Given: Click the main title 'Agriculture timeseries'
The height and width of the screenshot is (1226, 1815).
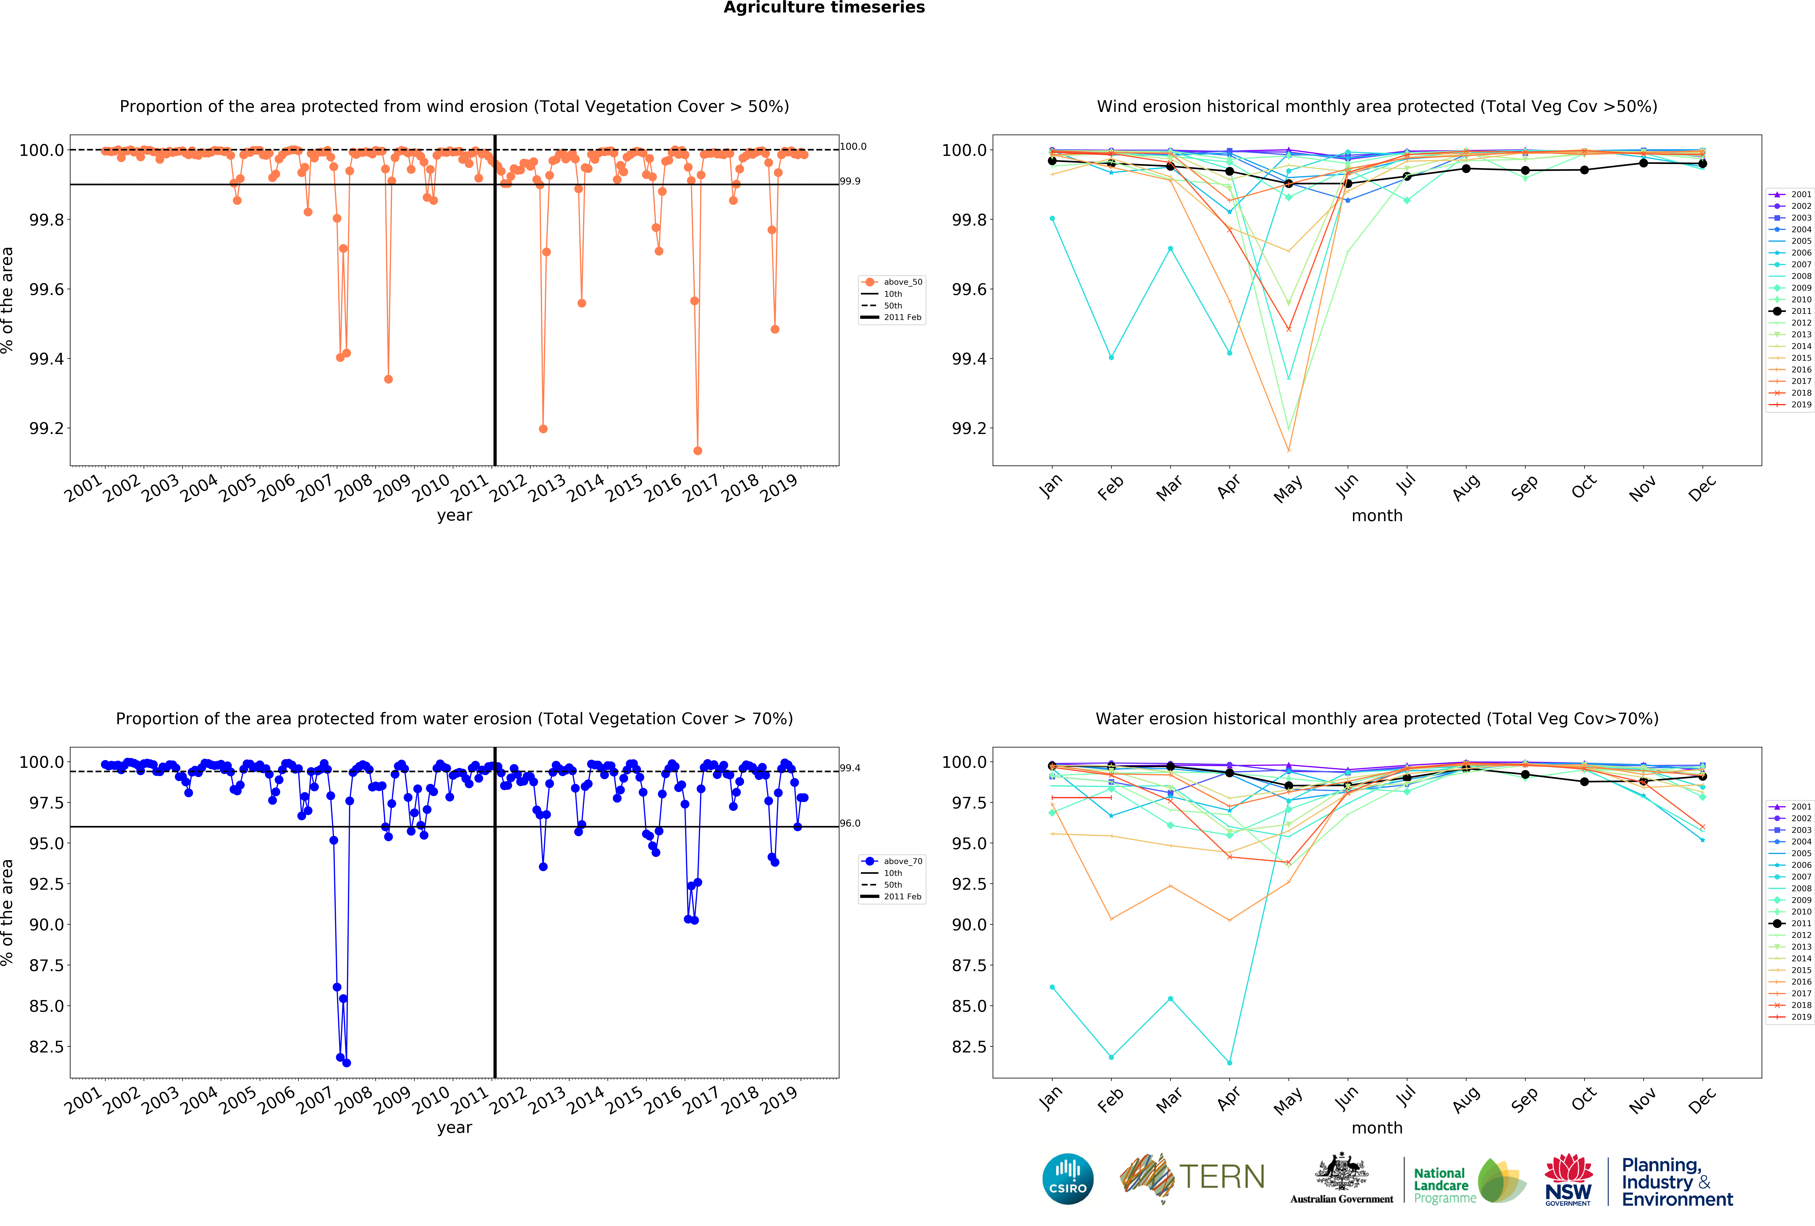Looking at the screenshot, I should click(x=824, y=8).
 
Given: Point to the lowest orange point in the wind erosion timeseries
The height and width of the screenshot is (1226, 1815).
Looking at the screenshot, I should click(x=697, y=451).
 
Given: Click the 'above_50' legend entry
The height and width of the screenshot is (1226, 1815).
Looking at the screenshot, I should click(x=902, y=282).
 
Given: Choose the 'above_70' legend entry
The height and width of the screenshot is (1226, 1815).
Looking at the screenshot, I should click(x=902, y=861).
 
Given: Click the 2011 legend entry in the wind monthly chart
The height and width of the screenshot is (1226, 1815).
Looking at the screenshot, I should click(x=1800, y=311).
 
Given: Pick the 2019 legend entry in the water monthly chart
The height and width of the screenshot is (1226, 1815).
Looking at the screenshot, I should click(x=1800, y=1017).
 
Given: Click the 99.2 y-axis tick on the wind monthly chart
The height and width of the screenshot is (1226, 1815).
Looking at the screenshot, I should click(x=969, y=429).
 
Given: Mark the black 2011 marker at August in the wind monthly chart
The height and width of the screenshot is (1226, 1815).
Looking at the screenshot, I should click(x=1466, y=169).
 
